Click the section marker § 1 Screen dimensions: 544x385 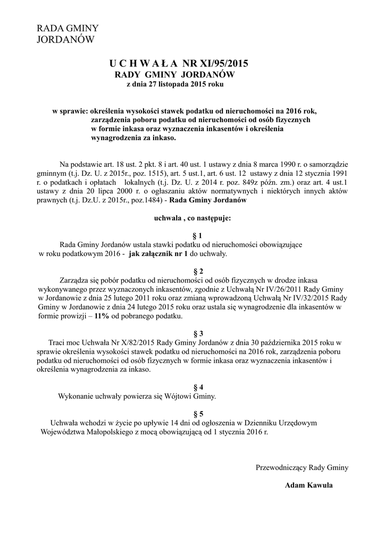click(x=197, y=235)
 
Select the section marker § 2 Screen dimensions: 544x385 click(x=197, y=271)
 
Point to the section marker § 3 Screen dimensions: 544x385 click(x=197, y=334)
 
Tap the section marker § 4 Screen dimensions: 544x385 click(x=197, y=387)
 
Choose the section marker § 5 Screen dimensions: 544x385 click(x=197, y=414)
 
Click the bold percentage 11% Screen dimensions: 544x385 click(x=102, y=316)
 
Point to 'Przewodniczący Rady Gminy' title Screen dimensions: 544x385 click(x=302, y=467)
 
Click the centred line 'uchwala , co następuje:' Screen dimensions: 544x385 click(x=192, y=217)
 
